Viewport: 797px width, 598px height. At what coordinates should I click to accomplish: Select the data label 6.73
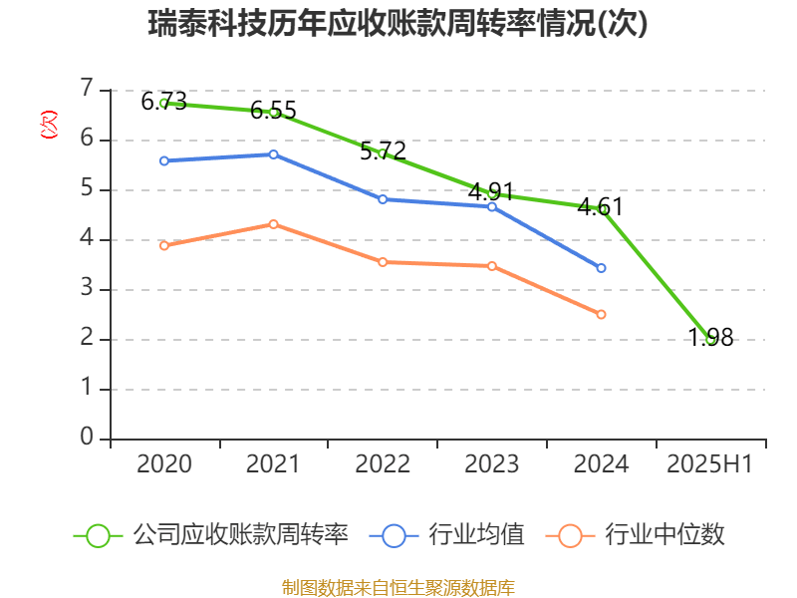click(163, 101)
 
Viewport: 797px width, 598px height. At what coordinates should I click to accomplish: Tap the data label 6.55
click(273, 110)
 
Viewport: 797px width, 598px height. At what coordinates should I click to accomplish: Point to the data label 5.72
click(383, 151)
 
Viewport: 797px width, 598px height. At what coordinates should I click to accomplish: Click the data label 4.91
click(491, 191)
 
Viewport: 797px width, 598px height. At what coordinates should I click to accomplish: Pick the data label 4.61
click(600, 207)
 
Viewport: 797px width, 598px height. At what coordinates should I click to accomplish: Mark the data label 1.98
click(710, 338)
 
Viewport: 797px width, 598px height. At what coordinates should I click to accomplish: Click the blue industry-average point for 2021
click(273, 154)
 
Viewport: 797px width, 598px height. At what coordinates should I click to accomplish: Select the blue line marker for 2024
click(601, 268)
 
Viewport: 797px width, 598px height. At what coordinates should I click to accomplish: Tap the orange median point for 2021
click(273, 224)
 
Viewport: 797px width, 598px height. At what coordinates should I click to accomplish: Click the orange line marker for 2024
click(601, 314)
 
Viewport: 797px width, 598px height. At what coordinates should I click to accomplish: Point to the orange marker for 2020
click(164, 245)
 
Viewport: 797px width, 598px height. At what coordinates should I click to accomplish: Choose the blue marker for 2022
click(383, 199)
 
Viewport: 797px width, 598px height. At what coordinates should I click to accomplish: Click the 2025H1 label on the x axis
click(709, 464)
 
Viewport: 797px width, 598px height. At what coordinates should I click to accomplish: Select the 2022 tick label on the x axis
click(383, 464)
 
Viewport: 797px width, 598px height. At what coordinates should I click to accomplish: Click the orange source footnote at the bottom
click(398, 587)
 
